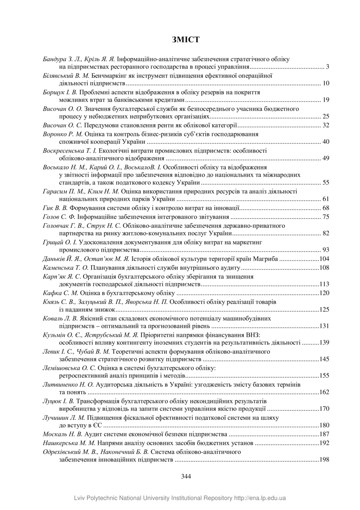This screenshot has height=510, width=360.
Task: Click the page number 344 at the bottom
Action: coord(186,476)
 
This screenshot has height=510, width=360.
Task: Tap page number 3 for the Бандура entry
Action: coord(327,67)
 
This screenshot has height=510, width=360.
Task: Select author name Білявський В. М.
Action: coord(66,76)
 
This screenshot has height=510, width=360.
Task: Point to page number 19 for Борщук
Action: coord(326,100)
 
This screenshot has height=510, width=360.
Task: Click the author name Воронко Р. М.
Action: coord(63,134)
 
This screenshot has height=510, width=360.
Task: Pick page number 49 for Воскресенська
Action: coord(326,158)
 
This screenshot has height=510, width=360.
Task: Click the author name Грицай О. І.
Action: coord(60,242)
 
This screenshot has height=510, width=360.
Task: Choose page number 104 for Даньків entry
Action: coord(324,259)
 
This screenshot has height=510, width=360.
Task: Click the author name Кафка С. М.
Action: coord(60,293)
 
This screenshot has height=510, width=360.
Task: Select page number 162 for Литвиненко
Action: coord(324,392)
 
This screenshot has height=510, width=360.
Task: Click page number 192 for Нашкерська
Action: coord(324,443)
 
